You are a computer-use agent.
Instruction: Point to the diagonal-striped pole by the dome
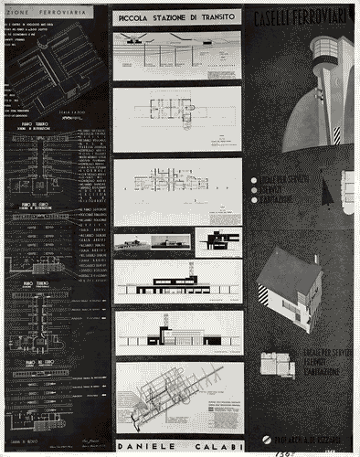coord(336,133)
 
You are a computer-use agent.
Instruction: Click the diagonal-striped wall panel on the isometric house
coord(265,296)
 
